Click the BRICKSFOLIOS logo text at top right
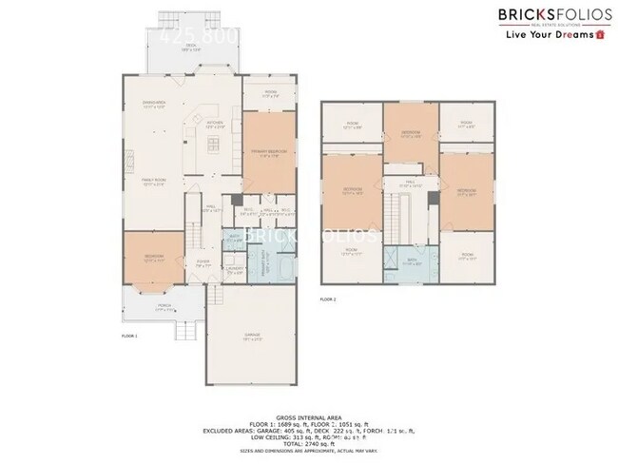pyautogui.click(x=538, y=14)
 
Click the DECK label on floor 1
pyautogui.click(x=191, y=44)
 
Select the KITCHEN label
pyautogui.click(x=215, y=124)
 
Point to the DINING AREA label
pyautogui.click(x=154, y=104)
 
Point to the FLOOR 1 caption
pyautogui.click(x=129, y=337)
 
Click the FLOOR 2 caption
pyautogui.click(x=328, y=300)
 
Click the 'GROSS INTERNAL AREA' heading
pyautogui.click(x=309, y=416)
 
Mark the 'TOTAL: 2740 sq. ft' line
pyautogui.click(x=309, y=444)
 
